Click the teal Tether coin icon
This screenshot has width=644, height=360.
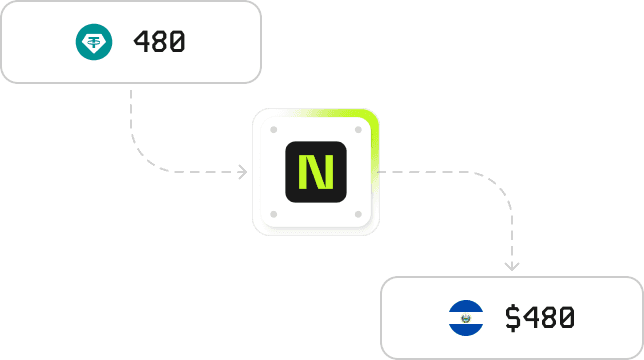coord(94,42)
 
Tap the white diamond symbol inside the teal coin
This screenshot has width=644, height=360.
coord(94,42)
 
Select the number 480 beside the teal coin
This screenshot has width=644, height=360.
coord(159,43)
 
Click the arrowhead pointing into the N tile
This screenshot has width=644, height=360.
coord(242,173)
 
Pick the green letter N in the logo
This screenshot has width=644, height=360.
coord(315,173)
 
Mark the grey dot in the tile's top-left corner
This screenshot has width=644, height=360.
coord(273,130)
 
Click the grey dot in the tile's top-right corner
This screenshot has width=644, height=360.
coord(358,130)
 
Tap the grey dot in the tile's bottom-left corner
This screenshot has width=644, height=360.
coord(273,215)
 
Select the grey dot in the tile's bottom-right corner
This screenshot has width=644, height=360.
coord(358,215)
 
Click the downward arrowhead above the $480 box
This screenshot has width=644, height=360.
coord(512,265)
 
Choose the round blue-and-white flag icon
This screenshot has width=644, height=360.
coord(466,318)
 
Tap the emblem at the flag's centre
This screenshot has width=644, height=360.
coord(466,318)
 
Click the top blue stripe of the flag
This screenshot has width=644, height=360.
coord(466,306)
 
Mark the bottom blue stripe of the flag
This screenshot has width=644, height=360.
coord(466,330)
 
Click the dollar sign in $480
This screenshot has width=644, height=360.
coord(513,318)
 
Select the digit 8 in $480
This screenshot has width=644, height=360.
coord(548,318)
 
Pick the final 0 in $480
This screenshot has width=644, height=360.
coord(566,318)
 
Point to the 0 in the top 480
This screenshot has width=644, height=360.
coord(177,43)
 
